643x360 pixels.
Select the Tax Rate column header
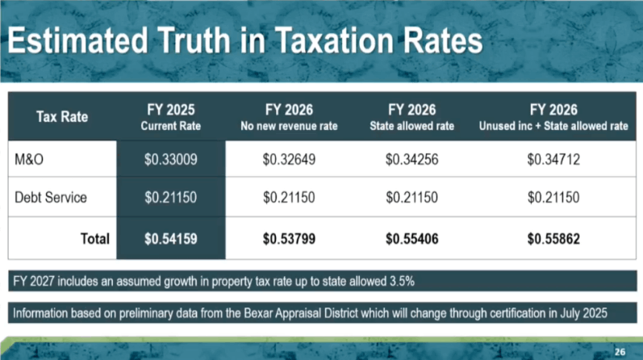point(62,118)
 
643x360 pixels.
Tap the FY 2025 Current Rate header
point(170,118)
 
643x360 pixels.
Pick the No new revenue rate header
point(288,118)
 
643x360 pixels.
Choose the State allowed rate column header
point(411,118)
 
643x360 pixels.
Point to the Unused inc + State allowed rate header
point(553,118)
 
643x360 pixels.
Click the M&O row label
point(30,161)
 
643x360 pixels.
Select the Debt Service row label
point(50,199)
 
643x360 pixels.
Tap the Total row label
point(94,239)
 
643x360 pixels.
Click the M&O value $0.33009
point(170,161)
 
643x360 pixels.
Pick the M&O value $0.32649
point(288,161)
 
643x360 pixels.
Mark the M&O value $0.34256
point(411,161)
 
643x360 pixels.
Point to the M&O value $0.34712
point(553,161)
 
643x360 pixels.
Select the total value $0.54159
point(170,239)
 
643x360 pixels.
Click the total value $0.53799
point(288,239)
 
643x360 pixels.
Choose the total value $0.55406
point(411,239)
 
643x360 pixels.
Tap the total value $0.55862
point(553,239)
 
